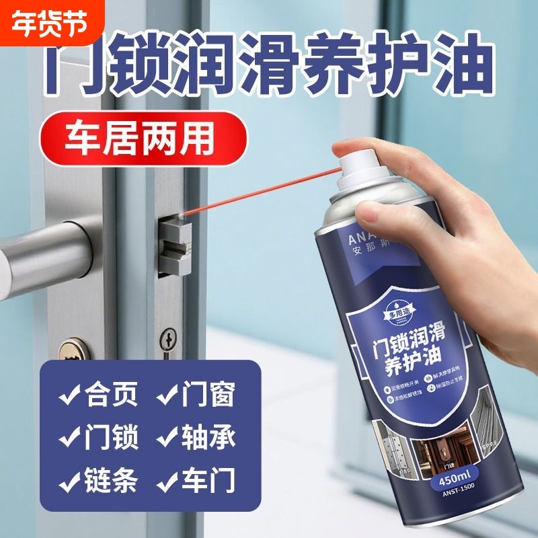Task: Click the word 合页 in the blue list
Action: (x=112, y=395)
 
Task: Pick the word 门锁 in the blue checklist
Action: (x=112, y=438)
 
